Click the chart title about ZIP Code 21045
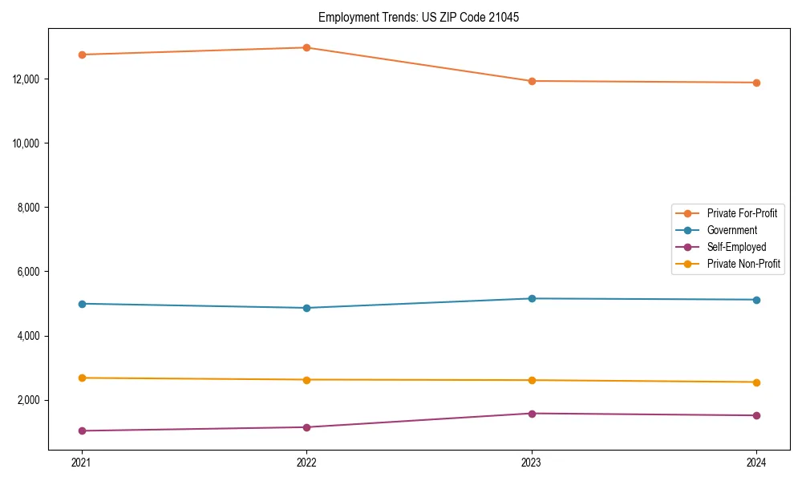(x=419, y=17)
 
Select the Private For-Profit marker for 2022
(x=306, y=47)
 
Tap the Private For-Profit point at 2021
(x=81, y=55)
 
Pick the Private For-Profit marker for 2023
(x=531, y=81)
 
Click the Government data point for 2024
(x=756, y=300)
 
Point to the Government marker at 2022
(x=306, y=308)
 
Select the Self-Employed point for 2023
(x=531, y=414)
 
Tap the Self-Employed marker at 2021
(x=81, y=430)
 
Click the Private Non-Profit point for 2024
(x=756, y=382)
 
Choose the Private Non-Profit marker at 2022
(x=306, y=380)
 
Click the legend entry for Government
(x=731, y=230)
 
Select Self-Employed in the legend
(x=736, y=247)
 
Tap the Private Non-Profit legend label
(x=743, y=264)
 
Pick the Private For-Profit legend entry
(x=742, y=213)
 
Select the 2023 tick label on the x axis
(x=531, y=463)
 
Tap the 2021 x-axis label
(x=81, y=463)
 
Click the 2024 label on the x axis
(x=756, y=463)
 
